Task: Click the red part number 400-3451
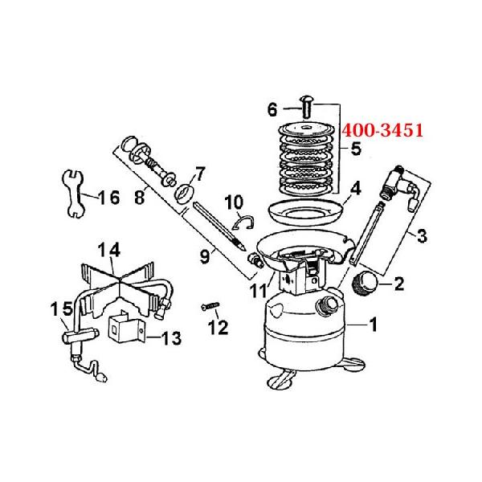pyautogui.click(x=382, y=130)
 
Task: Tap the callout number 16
pyautogui.click(x=109, y=198)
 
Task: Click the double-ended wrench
pyautogui.click(x=73, y=194)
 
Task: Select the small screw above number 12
pyautogui.click(x=210, y=306)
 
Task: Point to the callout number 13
pyautogui.click(x=171, y=338)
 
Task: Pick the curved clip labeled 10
pyautogui.click(x=243, y=223)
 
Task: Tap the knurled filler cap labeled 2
pyautogui.click(x=364, y=282)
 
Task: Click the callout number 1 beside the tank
pyautogui.click(x=374, y=325)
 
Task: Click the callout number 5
pyautogui.click(x=356, y=149)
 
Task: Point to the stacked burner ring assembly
pyautogui.click(x=307, y=159)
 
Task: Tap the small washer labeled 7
pyautogui.click(x=185, y=194)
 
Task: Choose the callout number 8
pyautogui.click(x=139, y=197)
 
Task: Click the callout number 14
pyautogui.click(x=109, y=251)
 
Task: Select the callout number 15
pyautogui.click(x=62, y=308)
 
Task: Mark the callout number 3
pyautogui.click(x=422, y=236)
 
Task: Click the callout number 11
pyautogui.click(x=258, y=291)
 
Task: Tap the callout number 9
pyautogui.click(x=205, y=257)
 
